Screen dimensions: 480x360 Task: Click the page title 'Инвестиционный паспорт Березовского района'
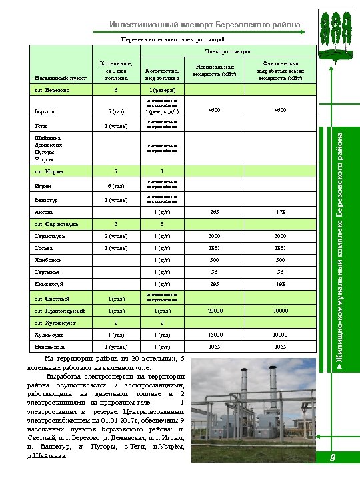tap(205, 25)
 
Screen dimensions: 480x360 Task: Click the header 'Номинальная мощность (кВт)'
tap(215, 70)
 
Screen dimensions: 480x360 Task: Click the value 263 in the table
tap(214, 212)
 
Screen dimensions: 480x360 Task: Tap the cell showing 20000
tap(214, 311)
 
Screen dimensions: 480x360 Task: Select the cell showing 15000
tap(214, 335)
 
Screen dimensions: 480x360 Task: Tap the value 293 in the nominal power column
tap(214, 284)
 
